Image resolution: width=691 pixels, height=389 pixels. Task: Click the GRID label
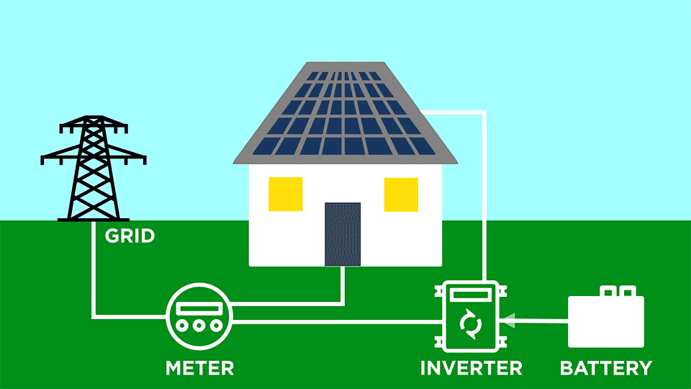pyautogui.click(x=130, y=236)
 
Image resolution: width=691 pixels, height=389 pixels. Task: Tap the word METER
pyautogui.click(x=199, y=368)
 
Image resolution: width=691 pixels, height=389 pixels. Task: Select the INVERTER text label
pyautogui.click(x=471, y=368)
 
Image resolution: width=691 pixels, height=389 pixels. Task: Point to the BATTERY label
pyautogui.click(x=606, y=368)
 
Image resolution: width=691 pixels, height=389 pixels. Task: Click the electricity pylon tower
pyautogui.click(x=94, y=173)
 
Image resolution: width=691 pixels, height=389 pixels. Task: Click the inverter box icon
pyautogui.click(x=471, y=317)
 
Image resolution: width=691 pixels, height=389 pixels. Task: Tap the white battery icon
pyautogui.click(x=606, y=321)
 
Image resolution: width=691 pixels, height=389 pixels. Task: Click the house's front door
pyautogui.click(x=343, y=234)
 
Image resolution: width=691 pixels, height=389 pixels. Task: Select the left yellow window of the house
pyautogui.click(x=286, y=194)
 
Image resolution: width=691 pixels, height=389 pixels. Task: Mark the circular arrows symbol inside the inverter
pyautogui.click(x=471, y=324)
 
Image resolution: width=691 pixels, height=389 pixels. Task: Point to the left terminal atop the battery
pyautogui.click(x=608, y=291)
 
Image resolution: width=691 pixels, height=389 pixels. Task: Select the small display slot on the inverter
pyautogui.click(x=471, y=295)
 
